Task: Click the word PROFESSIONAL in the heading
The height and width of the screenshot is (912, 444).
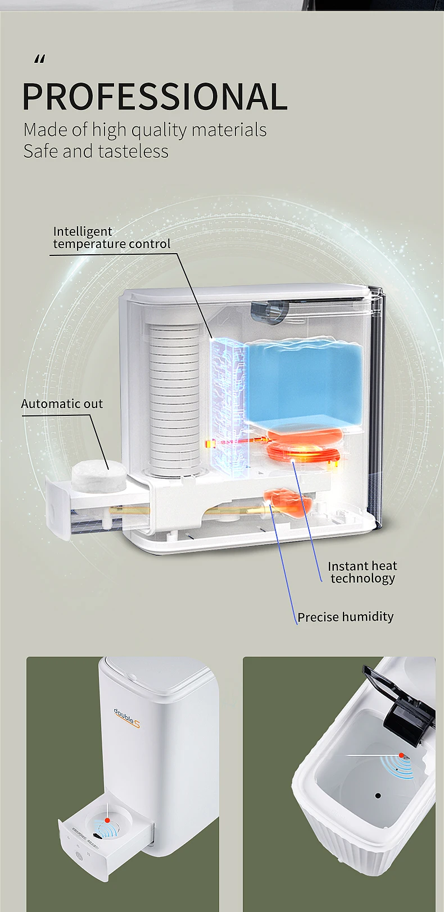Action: point(155,97)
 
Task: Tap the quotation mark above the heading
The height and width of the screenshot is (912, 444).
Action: point(39,59)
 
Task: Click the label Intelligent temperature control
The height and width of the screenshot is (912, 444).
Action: point(111,238)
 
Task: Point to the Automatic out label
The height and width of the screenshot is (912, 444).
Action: point(62,404)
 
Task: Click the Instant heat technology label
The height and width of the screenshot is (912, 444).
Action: point(363,572)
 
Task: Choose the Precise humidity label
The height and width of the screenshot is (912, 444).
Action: point(345,617)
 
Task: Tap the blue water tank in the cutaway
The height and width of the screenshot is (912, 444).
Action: point(305,382)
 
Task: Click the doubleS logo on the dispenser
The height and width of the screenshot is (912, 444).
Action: point(127,718)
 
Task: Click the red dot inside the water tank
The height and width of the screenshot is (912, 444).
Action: point(401,755)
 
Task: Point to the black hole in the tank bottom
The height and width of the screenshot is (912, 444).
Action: point(378,796)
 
